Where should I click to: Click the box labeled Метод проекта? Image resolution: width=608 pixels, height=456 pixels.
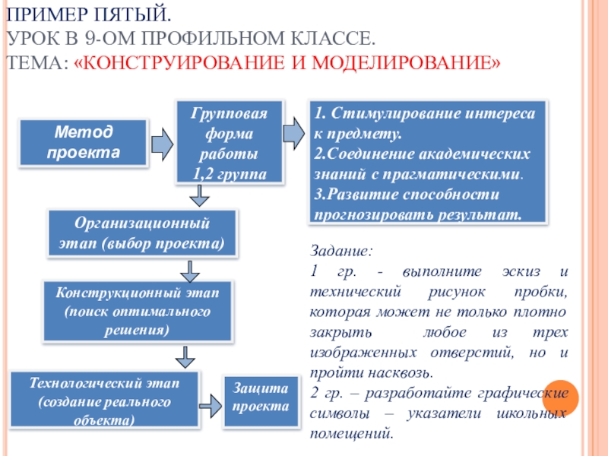click(x=84, y=142)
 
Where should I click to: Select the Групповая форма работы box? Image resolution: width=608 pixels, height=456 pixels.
click(x=230, y=142)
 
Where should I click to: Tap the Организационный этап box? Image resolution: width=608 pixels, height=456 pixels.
click(x=142, y=234)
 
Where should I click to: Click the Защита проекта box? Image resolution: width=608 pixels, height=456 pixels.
click(x=260, y=397)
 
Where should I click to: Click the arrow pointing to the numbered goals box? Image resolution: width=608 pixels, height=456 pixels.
click(x=293, y=133)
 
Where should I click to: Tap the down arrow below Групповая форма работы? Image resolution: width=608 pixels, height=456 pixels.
click(x=199, y=197)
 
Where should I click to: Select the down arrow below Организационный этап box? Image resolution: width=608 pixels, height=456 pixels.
click(x=189, y=270)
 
